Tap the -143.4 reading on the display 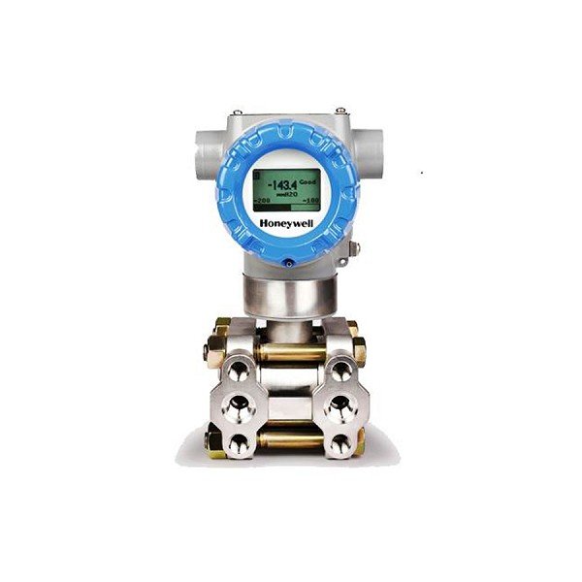pos(282,183)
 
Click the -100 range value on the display pos(310,199)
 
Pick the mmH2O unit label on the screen pos(285,194)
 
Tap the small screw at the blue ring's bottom pos(288,261)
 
